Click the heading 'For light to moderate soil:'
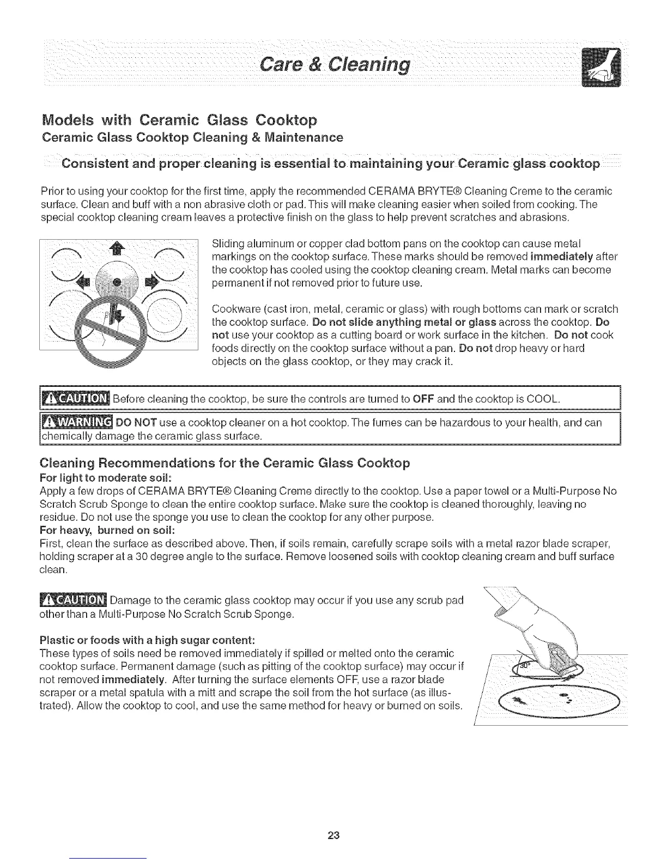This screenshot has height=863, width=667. tap(106, 478)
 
